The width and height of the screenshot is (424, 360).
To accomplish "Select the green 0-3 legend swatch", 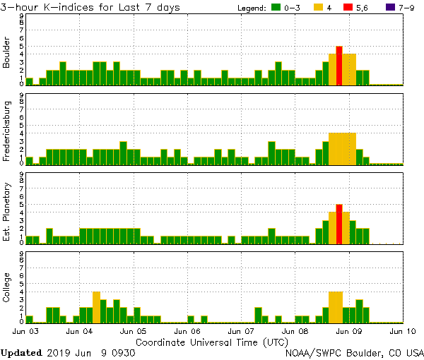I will [276, 8].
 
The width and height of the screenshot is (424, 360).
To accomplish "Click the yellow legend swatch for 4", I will [318, 8].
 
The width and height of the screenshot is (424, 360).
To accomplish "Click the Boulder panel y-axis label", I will [7, 53].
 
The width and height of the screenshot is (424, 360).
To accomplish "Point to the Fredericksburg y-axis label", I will [7, 131].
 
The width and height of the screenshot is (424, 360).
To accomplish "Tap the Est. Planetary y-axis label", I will [7, 210].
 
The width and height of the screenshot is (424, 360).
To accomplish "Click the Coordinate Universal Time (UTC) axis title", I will [212, 342].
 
